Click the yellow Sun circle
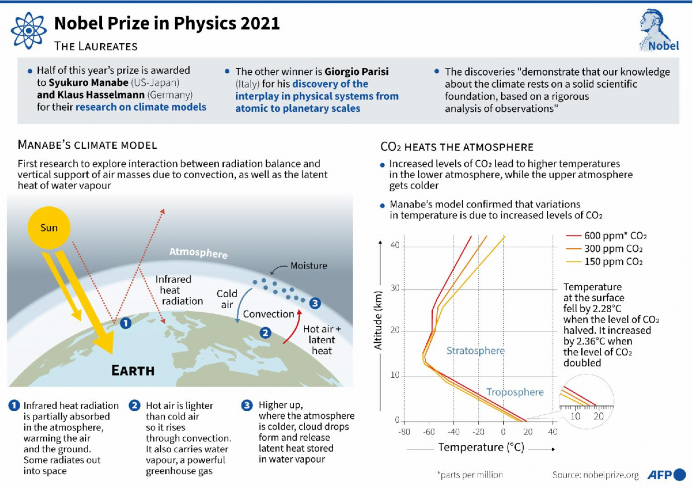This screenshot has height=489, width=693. (x=49, y=228)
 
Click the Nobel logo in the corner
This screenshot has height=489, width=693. (x=658, y=31)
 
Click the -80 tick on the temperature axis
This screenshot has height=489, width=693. (x=405, y=432)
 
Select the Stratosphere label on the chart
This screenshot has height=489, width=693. (x=475, y=350)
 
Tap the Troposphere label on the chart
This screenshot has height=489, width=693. (x=515, y=392)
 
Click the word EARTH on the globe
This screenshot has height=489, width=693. (x=133, y=371)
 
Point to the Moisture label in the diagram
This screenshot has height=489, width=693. (x=308, y=266)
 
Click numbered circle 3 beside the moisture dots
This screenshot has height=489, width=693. (x=314, y=303)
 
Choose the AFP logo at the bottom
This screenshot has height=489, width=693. (x=666, y=475)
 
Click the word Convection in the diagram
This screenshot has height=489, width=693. (x=268, y=314)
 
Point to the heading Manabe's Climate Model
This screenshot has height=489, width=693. (x=87, y=146)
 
